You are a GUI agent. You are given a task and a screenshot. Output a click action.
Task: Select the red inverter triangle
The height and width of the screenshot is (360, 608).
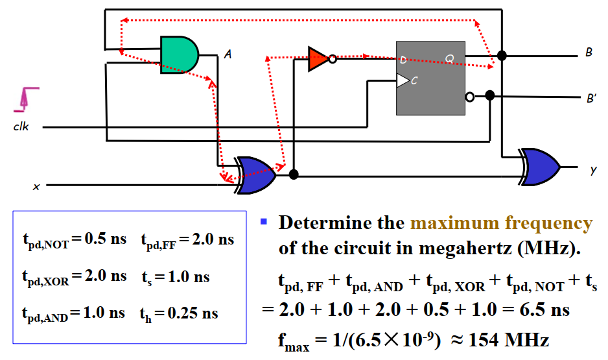[x=318, y=58]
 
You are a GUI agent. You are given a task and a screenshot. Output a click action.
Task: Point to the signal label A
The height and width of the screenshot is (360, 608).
[x=228, y=55]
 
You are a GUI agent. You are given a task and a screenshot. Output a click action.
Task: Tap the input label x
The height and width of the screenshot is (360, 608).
[x=36, y=187]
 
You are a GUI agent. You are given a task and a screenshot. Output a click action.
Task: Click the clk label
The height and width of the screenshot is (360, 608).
[x=21, y=127]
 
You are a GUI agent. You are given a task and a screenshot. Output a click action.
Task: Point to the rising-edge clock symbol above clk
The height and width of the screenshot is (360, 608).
[x=27, y=97]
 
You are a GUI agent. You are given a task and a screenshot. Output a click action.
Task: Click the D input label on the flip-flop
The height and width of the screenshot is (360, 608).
[x=403, y=60]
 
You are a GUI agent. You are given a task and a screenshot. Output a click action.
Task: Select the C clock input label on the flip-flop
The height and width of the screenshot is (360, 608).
[x=414, y=80]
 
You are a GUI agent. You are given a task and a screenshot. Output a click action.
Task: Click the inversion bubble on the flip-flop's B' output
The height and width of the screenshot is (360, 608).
[x=469, y=97]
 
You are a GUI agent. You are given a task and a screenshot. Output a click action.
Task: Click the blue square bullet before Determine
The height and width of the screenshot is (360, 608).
[x=264, y=222]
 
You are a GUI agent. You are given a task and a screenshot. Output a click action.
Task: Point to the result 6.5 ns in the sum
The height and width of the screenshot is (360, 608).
[x=546, y=309]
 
